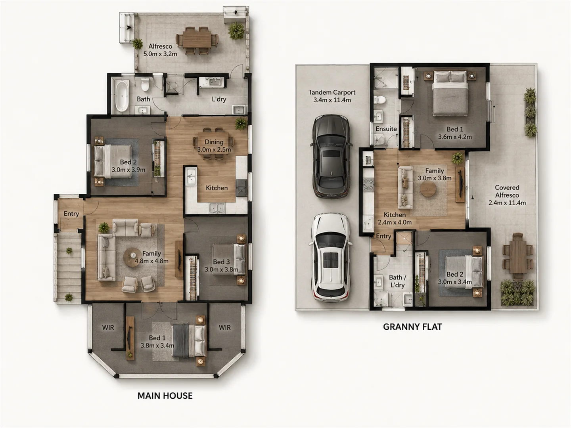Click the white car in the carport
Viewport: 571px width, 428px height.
[330, 258]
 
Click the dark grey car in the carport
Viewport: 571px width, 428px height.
[331, 156]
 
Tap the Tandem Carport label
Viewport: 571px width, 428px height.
[332, 96]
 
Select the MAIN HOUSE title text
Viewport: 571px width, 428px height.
[165, 396]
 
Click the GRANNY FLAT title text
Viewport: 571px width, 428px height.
[412, 327]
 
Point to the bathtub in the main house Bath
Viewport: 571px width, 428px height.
[122, 96]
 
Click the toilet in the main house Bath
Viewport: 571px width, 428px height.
[145, 83]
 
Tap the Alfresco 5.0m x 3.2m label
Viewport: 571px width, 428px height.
[160, 50]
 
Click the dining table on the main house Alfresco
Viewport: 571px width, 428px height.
[197, 40]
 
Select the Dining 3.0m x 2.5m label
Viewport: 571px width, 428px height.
[214, 146]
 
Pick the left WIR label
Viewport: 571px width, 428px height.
[108, 327]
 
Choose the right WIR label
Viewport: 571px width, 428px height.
[225, 327]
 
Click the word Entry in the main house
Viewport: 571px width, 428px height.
[71, 214]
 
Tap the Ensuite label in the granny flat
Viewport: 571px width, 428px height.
[386, 129]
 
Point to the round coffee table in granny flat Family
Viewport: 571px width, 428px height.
[428, 189]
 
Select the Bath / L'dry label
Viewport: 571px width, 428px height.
[397, 281]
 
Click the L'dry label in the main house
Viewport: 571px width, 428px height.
[219, 99]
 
